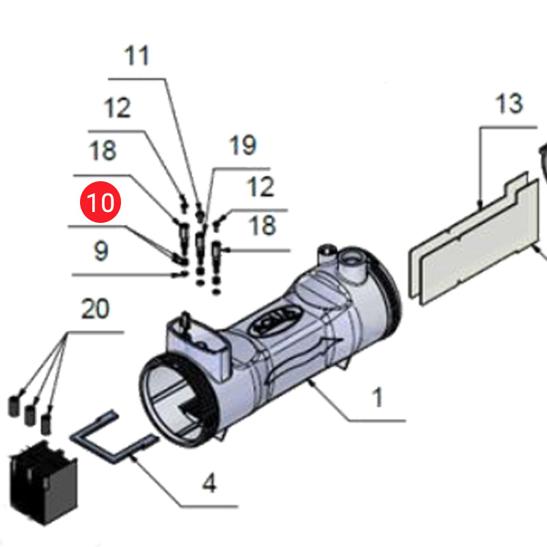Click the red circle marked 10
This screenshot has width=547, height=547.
[x=100, y=203]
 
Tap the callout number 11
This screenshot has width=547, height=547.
[x=137, y=55]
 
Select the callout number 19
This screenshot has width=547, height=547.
[x=243, y=145]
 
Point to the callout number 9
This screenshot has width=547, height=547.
[x=101, y=251]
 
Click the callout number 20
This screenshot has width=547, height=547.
[x=95, y=309]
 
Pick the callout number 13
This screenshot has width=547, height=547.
[x=509, y=104]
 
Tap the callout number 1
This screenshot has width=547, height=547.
[x=377, y=397]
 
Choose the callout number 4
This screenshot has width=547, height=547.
[x=209, y=484]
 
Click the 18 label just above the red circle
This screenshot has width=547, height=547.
[x=103, y=150]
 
